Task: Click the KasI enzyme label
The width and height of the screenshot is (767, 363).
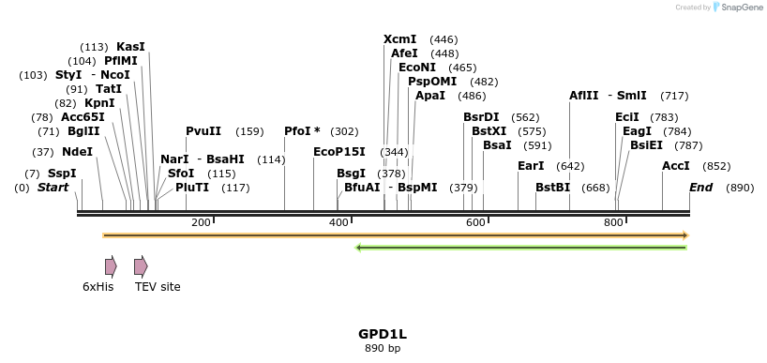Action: click(x=130, y=47)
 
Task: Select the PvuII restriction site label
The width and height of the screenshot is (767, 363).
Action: click(x=203, y=131)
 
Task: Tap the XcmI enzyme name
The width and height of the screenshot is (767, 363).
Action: click(x=400, y=39)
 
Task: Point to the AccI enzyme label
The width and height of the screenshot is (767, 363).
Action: click(x=676, y=166)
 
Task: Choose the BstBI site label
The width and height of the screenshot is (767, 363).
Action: click(x=553, y=188)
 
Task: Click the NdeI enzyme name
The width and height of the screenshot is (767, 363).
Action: click(x=78, y=151)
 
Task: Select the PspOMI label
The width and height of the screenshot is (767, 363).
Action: click(x=432, y=82)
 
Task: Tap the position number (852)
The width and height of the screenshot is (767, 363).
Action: click(x=716, y=166)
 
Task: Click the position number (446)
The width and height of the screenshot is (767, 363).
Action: click(x=444, y=39)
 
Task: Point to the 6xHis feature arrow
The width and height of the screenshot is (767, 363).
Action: click(x=111, y=266)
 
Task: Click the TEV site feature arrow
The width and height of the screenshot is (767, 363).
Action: click(x=141, y=266)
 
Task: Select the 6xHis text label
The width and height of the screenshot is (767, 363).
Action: click(x=98, y=287)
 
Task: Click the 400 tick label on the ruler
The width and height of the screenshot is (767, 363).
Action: click(x=338, y=222)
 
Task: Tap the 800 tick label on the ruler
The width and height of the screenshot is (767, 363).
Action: click(x=613, y=222)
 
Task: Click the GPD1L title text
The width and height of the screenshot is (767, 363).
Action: click(x=383, y=334)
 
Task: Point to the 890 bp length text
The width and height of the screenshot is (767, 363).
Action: click(x=383, y=349)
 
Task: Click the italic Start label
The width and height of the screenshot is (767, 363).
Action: click(x=53, y=188)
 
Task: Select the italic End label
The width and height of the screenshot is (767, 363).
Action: click(x=701, y=188)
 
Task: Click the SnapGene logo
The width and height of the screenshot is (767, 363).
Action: click(x=740, y=8)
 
